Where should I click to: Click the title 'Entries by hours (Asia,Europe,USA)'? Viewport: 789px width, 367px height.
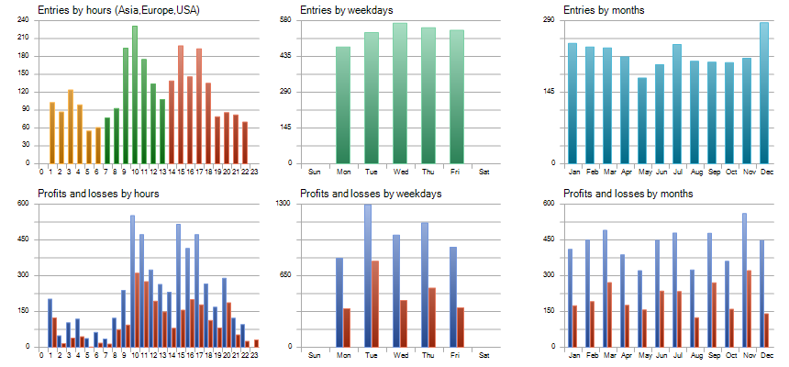point(119,10)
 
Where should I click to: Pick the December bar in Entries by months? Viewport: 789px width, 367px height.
point(764,93)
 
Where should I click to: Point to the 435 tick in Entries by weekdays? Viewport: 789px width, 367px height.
point(286,56)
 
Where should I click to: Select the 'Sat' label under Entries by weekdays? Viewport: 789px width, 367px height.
point(484,172)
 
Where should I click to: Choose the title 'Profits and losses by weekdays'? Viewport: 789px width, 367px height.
point(371,194)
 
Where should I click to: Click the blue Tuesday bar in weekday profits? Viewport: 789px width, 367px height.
point(368,275)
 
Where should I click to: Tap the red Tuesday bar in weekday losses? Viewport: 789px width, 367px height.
point(375,304)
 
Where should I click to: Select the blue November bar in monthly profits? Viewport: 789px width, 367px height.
point(744,280)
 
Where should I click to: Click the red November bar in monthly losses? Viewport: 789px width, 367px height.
point(750,308)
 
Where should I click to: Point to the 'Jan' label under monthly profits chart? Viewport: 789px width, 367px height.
point(573,355)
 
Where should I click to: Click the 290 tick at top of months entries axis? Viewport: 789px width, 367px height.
point(549,20)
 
